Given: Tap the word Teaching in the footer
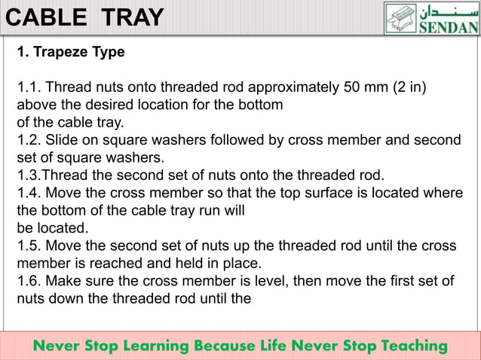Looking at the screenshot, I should point(406,346).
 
